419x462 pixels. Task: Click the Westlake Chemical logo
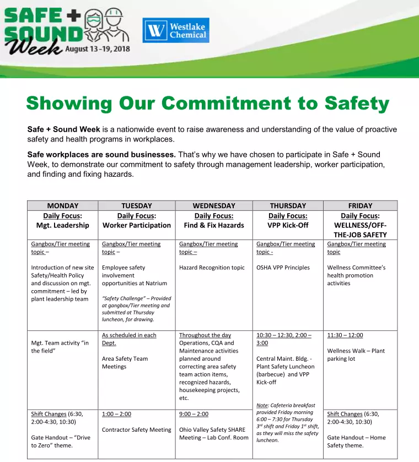tap(176, 30)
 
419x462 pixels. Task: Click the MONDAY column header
tap(63, 206)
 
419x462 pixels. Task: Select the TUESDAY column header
tap(137, 206)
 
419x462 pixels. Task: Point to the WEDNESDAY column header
tap(214, 206)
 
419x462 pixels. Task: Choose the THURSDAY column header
tap(288, 206)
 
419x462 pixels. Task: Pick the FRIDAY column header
tap(360, 206)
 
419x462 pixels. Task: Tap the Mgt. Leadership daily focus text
tap(63, 225)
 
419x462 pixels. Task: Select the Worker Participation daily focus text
tap(137, 225)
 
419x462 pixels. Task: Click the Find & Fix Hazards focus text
tap(214, 225)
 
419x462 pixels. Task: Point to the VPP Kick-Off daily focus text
tap(288, 225)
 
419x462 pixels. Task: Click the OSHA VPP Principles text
tap(283, 268)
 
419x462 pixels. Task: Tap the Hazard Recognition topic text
tap(212, 268)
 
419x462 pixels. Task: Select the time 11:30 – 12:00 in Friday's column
tap(345, 335)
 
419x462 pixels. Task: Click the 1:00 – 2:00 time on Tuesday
tap(116, 414)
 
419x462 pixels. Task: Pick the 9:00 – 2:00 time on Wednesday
tap(194, 414)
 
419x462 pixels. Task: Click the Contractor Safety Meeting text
tap(137, 430)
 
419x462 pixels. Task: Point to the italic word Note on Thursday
tap(262, 405)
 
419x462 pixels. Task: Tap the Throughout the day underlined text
tap(205, 335)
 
